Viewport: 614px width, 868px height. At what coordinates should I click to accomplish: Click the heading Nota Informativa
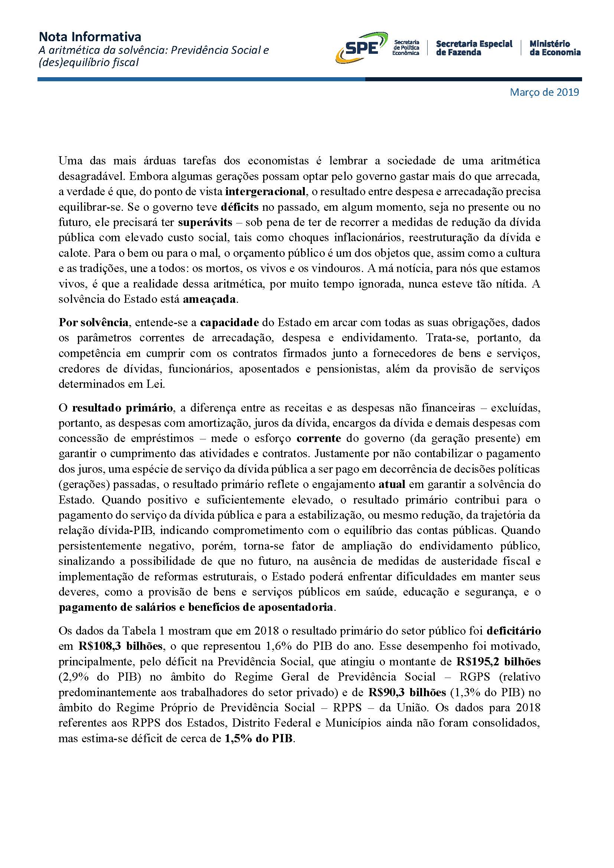click(x=90, y=37)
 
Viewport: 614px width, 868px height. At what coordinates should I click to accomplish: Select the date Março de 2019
click(x=544, y=92)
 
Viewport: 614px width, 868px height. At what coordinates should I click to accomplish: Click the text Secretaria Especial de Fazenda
click(x=474, y=48)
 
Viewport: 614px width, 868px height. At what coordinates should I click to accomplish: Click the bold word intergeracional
click(x=265, y=191)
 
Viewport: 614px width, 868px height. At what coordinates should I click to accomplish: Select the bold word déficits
click(x=240, y=207)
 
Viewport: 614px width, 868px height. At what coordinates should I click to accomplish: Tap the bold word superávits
click(x=205, y=222)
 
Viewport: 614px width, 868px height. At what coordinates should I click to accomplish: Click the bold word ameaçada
click(x=209, y=299)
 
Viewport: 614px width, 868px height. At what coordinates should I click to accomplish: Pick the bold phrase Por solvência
click(x=94, y=322)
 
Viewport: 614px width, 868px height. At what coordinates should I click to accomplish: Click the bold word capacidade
click(x=229, y=322)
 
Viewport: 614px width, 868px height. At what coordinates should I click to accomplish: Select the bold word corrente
click(x=319, y=439)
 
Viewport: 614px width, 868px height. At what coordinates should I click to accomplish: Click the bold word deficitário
click(x=514, y=631)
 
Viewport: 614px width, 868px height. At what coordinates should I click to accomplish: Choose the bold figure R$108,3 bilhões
click(x=121, y=646)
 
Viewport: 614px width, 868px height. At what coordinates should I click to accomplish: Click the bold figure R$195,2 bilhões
click(x=498, y=662)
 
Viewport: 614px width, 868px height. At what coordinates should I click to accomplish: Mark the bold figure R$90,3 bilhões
click(x=407, y=692)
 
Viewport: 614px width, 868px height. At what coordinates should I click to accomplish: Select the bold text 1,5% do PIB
click(x=259, y=738)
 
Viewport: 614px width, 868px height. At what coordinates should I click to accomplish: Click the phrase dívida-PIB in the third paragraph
click(x=125, y=530)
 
